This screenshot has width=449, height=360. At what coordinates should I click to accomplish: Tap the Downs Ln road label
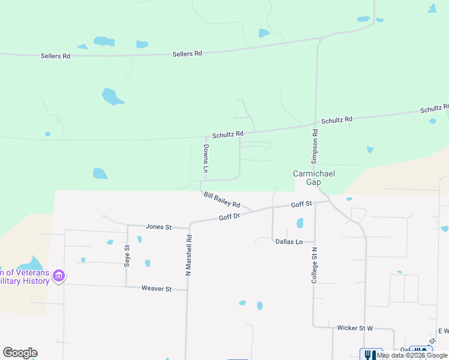(x=205, y=159)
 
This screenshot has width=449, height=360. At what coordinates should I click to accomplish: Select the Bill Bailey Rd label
(x=221, y=200)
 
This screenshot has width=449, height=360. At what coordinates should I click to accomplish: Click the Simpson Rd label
(x=314, y=146)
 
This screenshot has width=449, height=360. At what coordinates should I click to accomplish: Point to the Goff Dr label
(x=229, y=217)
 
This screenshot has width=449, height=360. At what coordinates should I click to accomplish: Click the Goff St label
(x=301, y=205)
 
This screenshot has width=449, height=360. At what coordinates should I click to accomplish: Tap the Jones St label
(x=158, y=227)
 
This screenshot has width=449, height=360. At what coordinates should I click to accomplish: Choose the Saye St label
(x=127, y=255)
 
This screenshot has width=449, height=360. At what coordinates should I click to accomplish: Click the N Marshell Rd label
(x=188, y=255)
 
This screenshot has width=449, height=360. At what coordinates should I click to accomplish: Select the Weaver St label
(x=156, y=289)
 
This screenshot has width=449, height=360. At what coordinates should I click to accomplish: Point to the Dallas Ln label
(x=289, y=242)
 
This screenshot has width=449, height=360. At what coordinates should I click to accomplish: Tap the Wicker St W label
(x=355, y=328)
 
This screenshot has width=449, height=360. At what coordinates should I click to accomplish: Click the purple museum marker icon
(x=59, y=276)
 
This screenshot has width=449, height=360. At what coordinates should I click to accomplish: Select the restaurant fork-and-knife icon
(x=371, y=355)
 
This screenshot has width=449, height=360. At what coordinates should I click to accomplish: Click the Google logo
(x=20, y=353)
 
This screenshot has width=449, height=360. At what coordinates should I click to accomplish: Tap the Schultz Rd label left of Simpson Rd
(x=228, y=134)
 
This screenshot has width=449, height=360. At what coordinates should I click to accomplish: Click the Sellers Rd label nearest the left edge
(x=55, y=56)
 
